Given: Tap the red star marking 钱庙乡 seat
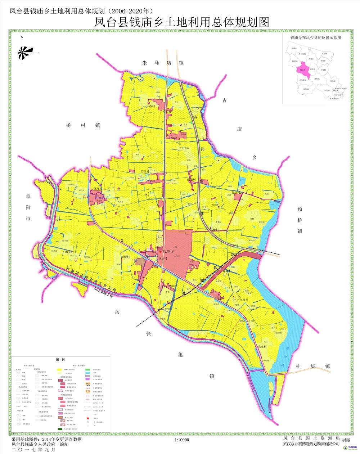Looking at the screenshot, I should [x=160, y=252].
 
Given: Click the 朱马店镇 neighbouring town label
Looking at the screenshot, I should [x=163, y=63].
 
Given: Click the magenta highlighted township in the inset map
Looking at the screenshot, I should [x=303, y=71].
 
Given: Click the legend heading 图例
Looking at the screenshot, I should [x=60, y=360].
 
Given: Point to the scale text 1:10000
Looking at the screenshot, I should [x=181, y=440].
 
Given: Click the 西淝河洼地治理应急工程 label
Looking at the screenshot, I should [x=91, y=279].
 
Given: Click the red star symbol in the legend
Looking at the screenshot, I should [x=87, y=418].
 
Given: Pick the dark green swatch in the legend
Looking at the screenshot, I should [x=59, y=429].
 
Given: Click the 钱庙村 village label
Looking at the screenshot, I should [x=162, y=259].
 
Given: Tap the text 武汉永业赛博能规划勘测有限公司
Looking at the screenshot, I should [x=311, y=444].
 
